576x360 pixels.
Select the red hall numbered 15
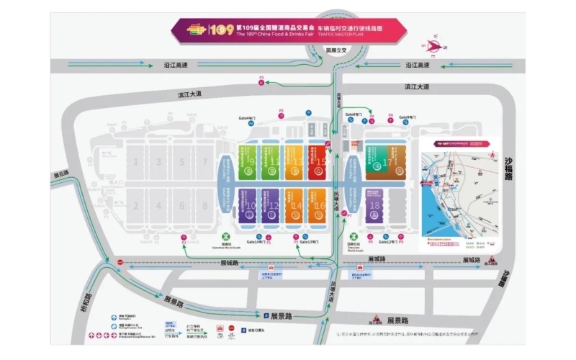click(319, 163)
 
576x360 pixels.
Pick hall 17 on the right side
click(389, 163)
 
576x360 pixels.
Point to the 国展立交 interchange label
click(336, 51)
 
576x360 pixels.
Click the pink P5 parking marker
click(262, 77)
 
